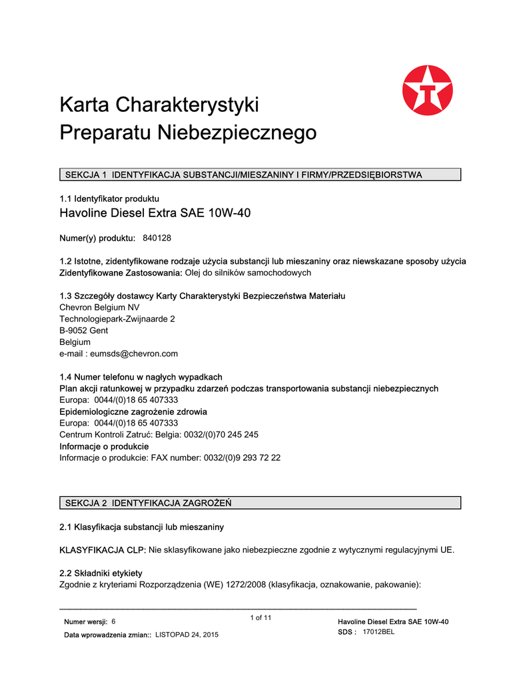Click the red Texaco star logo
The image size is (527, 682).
coord(427,90)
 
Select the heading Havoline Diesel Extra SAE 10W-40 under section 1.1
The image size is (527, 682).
coord(155,213)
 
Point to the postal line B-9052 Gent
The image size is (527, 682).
coord(84,330)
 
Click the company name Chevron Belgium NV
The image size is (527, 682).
coord(100,307)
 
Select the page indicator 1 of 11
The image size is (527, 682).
coord(261,617)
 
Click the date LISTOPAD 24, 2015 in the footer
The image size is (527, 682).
coord(187,635)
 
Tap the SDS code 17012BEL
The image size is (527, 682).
coord(378,631)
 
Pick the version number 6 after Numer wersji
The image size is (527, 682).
coord(113,621)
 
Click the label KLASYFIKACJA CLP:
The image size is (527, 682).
coord(103,550)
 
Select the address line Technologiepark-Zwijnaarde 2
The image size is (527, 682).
coord(117,319)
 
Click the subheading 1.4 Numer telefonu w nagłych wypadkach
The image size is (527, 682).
coord(141,377)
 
